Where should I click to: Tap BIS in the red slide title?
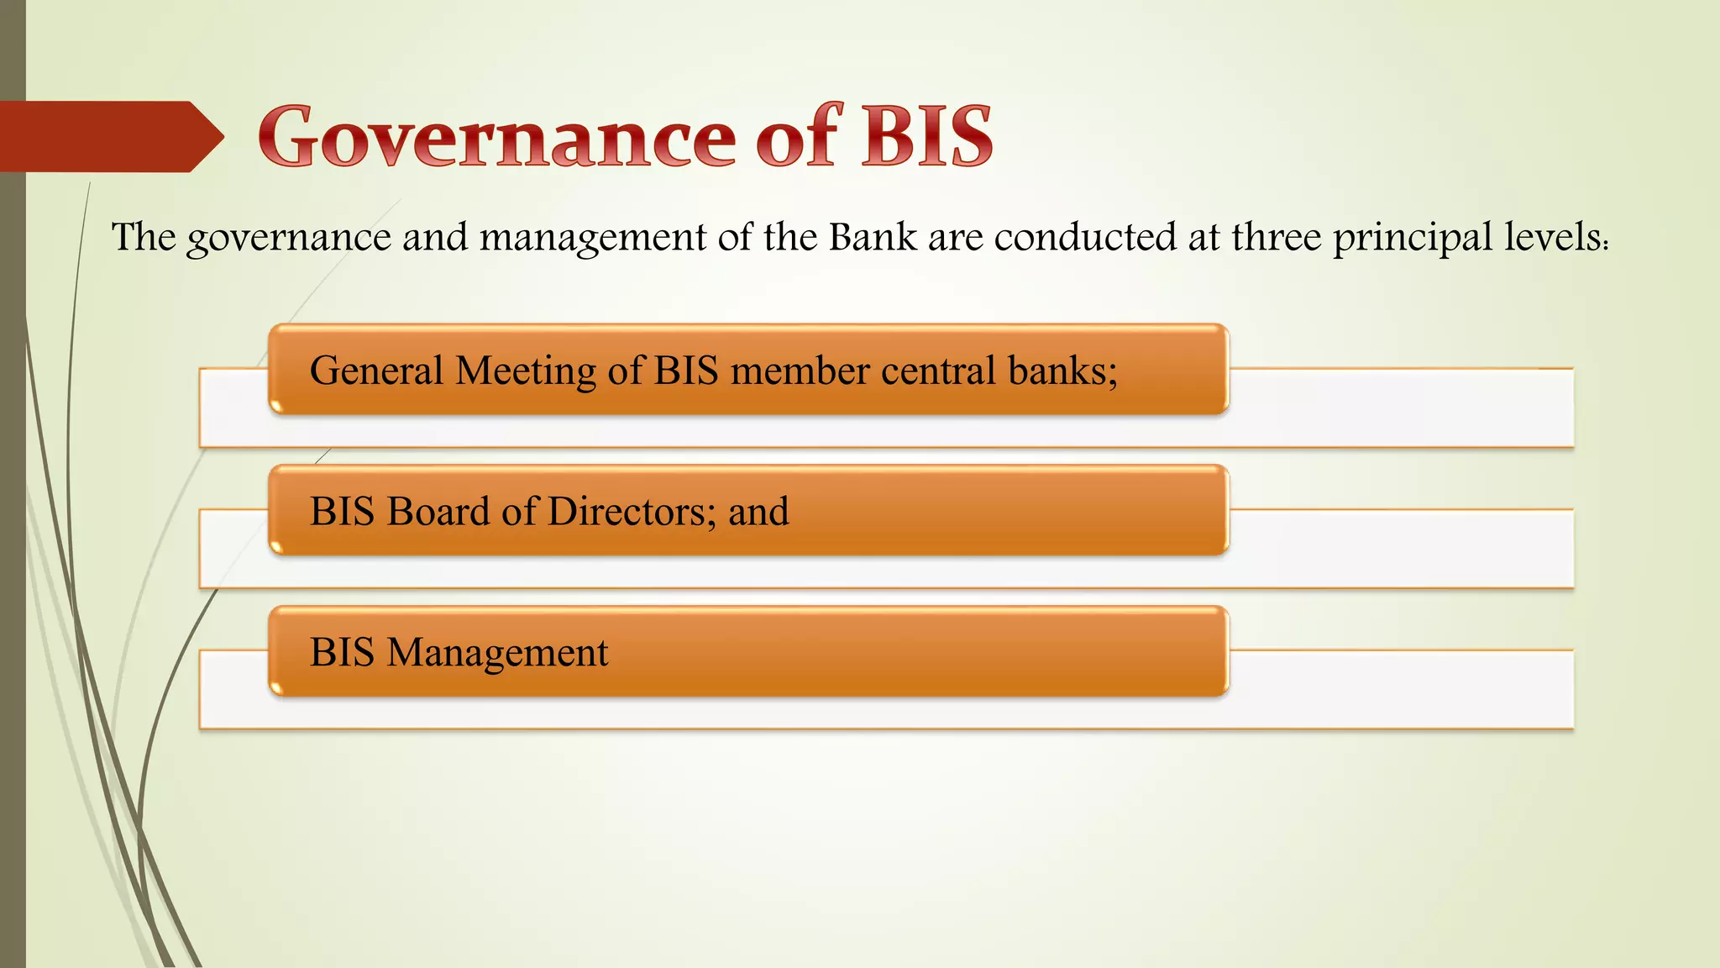coord(926,136)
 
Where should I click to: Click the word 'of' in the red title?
coord(797,136)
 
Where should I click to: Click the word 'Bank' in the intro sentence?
coord(873,237)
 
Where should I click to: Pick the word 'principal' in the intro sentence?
coord(1413,239)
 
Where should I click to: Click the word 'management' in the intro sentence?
coord(593,239)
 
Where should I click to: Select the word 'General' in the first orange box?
coord(376,371)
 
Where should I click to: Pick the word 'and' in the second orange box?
coord(758,512)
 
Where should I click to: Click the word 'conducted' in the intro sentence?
coord(1085,237)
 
